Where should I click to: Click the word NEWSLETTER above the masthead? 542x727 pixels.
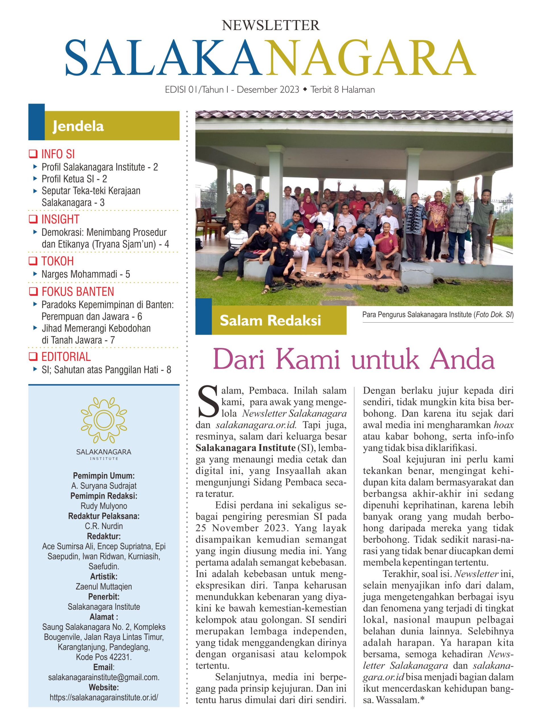pos(271,25)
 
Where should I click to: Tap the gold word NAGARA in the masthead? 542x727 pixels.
pos(370,58)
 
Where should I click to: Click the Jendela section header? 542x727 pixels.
pos(78,126)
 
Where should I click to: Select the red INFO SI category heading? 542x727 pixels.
pos(58,154)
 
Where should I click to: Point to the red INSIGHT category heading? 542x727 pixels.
pos(60,219)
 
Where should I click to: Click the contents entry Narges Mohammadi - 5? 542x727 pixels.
pos(86,274)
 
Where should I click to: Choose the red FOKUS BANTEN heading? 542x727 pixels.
pos(77,291)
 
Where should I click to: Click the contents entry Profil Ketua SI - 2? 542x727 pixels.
pos(74,179)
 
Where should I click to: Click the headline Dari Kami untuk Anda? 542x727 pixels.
pos(354,360)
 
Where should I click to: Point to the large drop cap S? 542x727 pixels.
pos(208,402)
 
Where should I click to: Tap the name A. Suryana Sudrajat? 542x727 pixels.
pos(104,486)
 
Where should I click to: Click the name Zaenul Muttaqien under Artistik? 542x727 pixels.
pos(104,586)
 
